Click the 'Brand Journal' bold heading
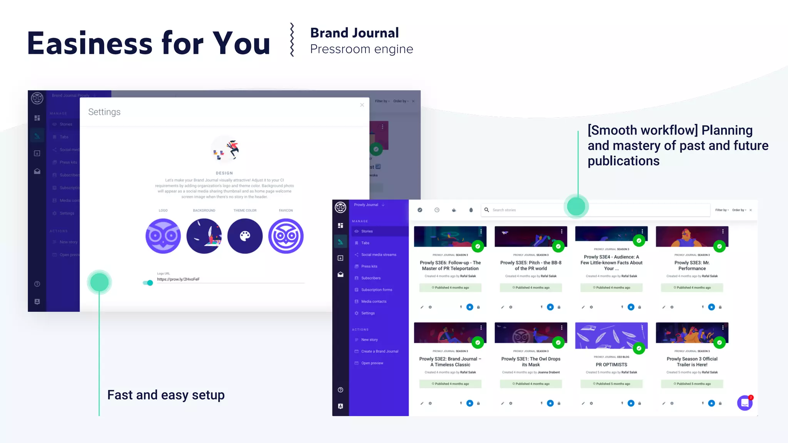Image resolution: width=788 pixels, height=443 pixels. coord(354,33)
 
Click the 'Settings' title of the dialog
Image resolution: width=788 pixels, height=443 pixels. coord(104,112)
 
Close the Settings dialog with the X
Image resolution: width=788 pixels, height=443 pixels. coord(362,105)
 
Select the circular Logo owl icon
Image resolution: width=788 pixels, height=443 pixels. coord(163,236)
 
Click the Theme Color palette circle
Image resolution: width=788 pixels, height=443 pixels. coord(245,236)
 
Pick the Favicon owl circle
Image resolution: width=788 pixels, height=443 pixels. coord(286,236)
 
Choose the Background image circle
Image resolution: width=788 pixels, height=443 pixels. coord(204,236)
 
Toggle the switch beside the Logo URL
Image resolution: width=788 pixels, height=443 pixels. coord(148,283)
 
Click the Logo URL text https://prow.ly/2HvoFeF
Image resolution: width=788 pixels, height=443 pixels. coord(178,280)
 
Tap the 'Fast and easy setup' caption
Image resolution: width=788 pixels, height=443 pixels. coord(166,395)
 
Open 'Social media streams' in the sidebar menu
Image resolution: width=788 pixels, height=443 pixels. coord(379,255)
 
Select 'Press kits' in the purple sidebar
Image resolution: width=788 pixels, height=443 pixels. coord(369,266)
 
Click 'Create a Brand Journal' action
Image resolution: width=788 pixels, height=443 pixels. coord(379,351)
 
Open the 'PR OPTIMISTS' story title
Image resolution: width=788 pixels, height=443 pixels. coord(611,365)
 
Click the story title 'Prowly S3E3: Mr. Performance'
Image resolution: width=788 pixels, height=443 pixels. coord(692,266)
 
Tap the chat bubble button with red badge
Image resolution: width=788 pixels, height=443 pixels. coord(745,403)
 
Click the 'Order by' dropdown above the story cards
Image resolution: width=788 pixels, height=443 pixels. coord(739,210)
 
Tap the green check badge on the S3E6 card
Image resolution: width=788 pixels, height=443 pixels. coord(477,246)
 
